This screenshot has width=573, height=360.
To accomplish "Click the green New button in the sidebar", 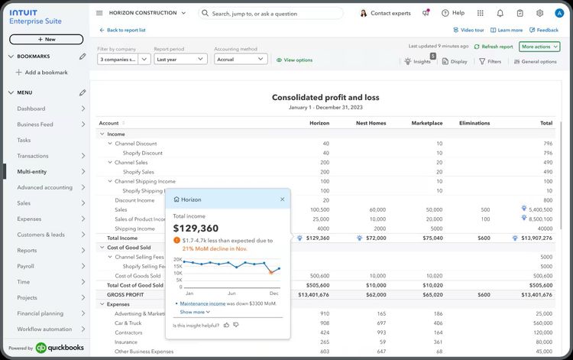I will [x=46, y=39].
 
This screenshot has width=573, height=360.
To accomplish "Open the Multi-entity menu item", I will [x=32, y=172].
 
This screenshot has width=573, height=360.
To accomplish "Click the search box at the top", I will [x=271, y=13].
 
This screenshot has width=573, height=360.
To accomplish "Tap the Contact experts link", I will [x=390, y=13].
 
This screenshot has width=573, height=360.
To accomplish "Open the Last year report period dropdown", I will [x=180, y=59].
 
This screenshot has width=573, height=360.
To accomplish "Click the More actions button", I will [x=539, y=47].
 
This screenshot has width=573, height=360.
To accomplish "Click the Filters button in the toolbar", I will [x=490, y=61].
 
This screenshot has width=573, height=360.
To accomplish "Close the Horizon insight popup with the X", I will [x=282, y=199].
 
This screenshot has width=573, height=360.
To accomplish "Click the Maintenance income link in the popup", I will [x=202, y=303].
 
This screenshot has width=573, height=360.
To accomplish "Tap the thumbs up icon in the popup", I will [x=226, y=325].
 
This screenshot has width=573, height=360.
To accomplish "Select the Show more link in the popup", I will [x=195, y=312].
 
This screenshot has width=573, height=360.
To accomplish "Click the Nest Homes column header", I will [x=371, y=123].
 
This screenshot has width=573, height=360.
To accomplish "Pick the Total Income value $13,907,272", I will [x=535, y=238].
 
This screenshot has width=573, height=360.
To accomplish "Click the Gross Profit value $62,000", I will [x=374, y=294].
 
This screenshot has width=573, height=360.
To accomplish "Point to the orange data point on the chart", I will [x=270, y=271].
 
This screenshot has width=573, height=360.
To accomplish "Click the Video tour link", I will [x=469, y=30].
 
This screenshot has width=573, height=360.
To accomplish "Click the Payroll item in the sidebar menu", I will [x=27, y=267].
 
